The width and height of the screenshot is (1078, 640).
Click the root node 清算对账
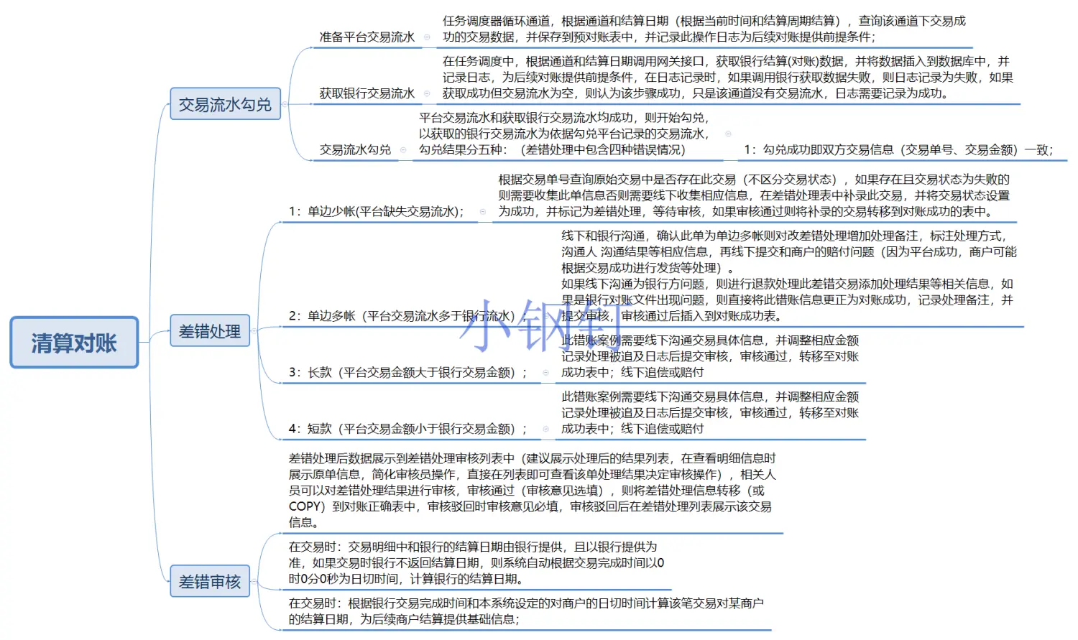[74, 343]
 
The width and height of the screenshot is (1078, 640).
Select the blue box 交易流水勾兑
[225, 104]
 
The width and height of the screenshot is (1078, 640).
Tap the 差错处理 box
[210, 331]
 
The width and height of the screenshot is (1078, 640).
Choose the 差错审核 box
[210, 581]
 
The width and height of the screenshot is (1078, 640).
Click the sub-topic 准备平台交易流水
[367, 37]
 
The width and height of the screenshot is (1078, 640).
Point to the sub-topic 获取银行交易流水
[367, 93]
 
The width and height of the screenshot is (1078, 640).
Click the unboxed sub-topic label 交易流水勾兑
[355, 149]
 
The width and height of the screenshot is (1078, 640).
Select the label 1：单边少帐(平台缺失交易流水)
[377, 211]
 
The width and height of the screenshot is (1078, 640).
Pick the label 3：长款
[407, 372]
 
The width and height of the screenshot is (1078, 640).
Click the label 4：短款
[407, 429]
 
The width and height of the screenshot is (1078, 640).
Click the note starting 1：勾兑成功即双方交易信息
[898, 149]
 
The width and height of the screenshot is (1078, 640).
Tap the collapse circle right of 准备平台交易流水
[428, 37]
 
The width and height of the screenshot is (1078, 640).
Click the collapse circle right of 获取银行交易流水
[428, 93]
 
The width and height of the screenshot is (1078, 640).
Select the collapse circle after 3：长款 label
[545, 372]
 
